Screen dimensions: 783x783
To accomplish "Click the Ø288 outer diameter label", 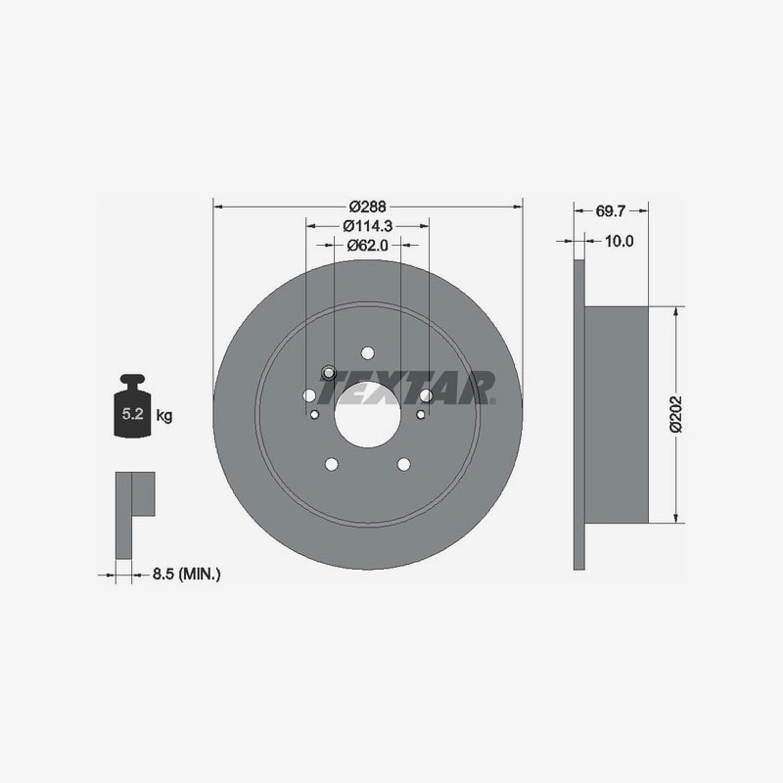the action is [368, 207].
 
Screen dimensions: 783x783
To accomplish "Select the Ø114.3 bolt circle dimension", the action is [368, 226].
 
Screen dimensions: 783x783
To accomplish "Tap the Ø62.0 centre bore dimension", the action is [368, 246].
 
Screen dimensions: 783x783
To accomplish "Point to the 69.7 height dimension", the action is [610, 211].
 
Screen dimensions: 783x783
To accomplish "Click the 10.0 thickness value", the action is [619, 241].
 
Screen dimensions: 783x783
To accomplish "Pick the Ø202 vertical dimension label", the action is [675, 414].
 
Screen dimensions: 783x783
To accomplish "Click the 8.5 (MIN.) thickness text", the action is [186, 575].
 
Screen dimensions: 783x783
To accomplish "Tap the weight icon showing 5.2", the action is [132, 406].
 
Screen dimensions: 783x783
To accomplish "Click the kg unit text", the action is [164, 415].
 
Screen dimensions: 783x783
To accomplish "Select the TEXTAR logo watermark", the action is [407, 388].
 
